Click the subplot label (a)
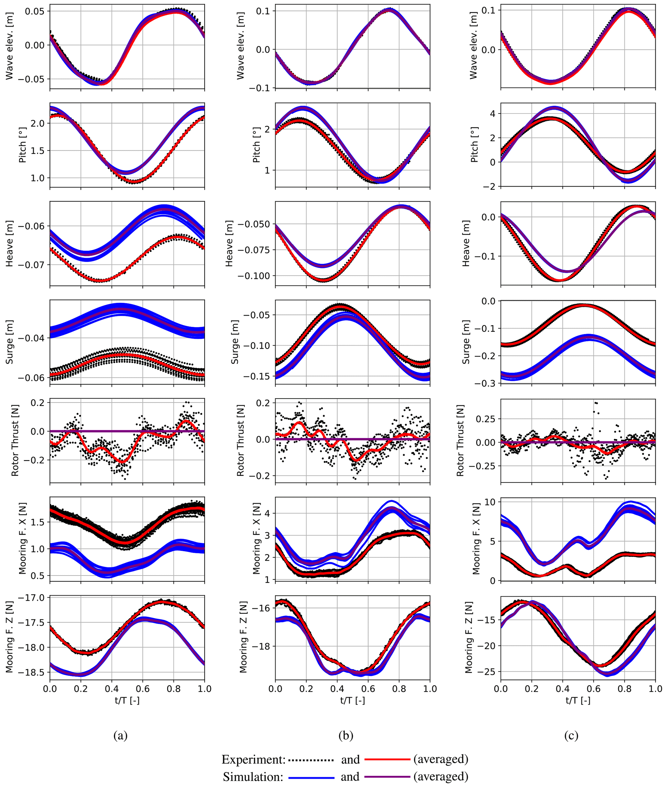pos(121,736)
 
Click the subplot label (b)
pos(346,736)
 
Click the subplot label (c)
pos(571,736)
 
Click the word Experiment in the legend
pos(253,759)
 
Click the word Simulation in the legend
pos(253,777)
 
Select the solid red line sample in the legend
pos(387,759)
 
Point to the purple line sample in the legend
pos(387,777)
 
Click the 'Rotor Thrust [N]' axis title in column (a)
pos(15,441)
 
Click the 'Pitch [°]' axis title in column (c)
pos(474,145)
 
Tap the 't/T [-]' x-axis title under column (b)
pos(353,700)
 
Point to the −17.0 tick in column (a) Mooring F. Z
pos(34,598)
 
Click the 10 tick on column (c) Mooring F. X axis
pos(490,502)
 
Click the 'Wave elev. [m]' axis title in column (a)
pos(9,47)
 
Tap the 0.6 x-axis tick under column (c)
pos(593,688)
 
